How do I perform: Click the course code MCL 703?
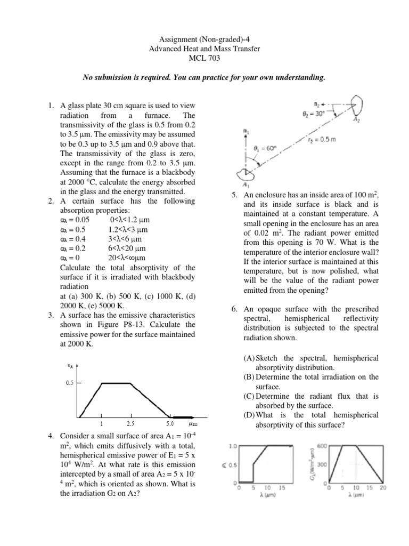[x=204, y=58]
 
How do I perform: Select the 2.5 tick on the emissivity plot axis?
[x=130, y=424]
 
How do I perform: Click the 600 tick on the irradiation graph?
[x=322, y=446]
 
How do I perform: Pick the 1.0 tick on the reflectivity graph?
[x=233, y=446]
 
